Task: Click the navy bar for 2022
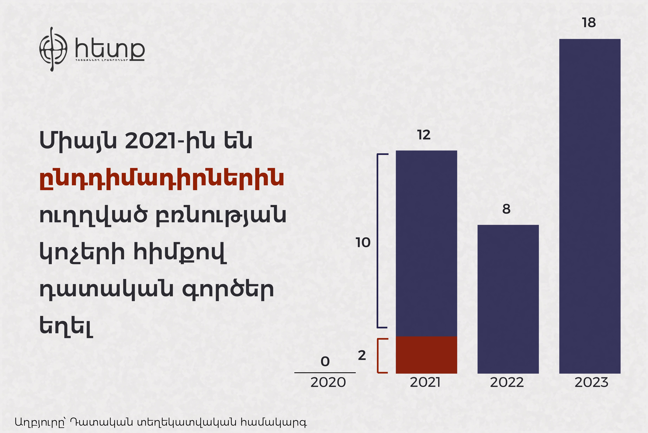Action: click(x=508, y=299)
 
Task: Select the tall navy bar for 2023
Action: click(x=590, y=206)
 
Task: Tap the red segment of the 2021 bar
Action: click(x=426, y=355)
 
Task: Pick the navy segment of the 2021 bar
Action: click(x=426, y=243)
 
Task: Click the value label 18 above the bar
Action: click(x=589, y=23)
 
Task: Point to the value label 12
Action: click(x=424, y=135)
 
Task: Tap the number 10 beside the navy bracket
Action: click(x=363, y=242)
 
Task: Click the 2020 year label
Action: click(x=328, y=382)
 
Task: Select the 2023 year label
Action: click(x=591, y=382)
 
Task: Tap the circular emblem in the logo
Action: click(x=53, y=49)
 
